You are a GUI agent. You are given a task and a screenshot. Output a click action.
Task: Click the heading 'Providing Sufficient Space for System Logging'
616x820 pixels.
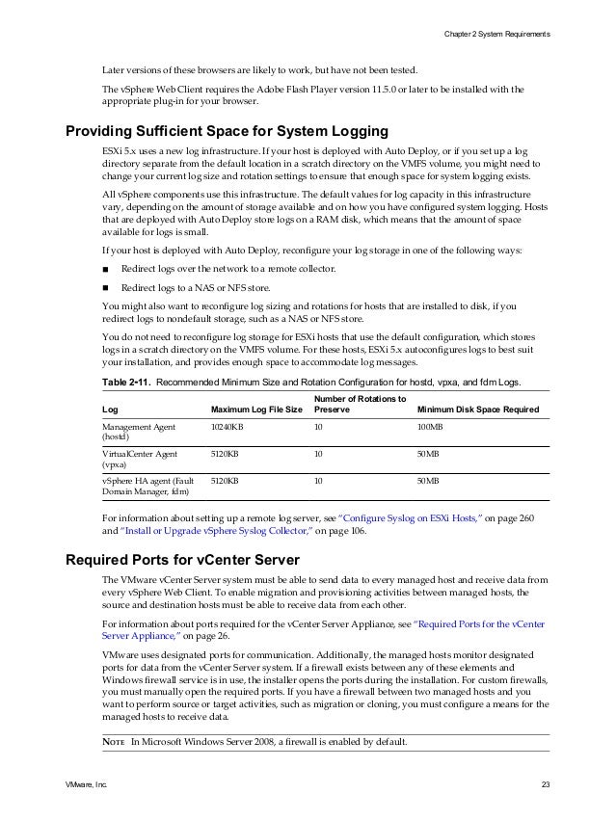[x=227, y=131]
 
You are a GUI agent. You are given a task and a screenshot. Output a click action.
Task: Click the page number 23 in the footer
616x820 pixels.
[x=545, y=788]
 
